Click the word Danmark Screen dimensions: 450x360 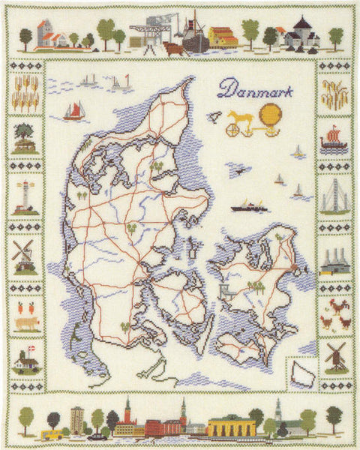[x=255, y=91]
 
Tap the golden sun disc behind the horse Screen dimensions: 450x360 [x=271, y=116]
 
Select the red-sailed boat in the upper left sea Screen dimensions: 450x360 [x=73, y=111]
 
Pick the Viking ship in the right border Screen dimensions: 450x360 [x=334, y=139]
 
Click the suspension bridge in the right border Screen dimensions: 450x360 [x=334, y=196]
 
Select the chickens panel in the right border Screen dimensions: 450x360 [x=334, y=313]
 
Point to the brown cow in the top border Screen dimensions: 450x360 [x=172, y=48]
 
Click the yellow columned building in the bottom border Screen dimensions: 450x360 [x=230, y=426]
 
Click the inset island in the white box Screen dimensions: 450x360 [x=304, y=371]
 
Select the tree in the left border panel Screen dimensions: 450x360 [x=25, y=135]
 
